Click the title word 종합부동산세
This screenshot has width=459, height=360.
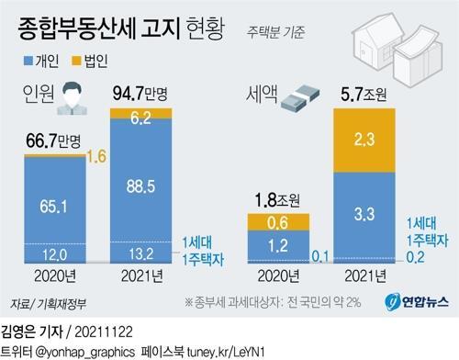(82, 19)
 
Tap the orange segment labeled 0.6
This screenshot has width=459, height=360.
(278, 222)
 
